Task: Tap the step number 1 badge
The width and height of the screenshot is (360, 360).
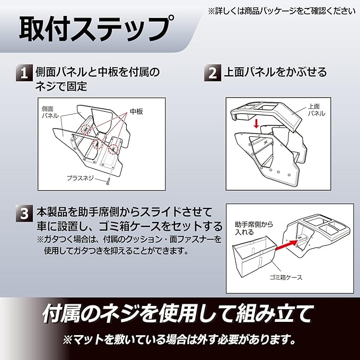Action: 24,73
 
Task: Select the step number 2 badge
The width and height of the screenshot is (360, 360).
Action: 213,73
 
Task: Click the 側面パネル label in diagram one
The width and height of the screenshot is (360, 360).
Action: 49,112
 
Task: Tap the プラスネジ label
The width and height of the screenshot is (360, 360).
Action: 80,179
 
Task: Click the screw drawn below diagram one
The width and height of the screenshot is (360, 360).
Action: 107,180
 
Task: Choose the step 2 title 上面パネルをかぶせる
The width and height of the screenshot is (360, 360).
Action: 274,72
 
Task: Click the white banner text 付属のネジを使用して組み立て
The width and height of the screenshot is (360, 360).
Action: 178,314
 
